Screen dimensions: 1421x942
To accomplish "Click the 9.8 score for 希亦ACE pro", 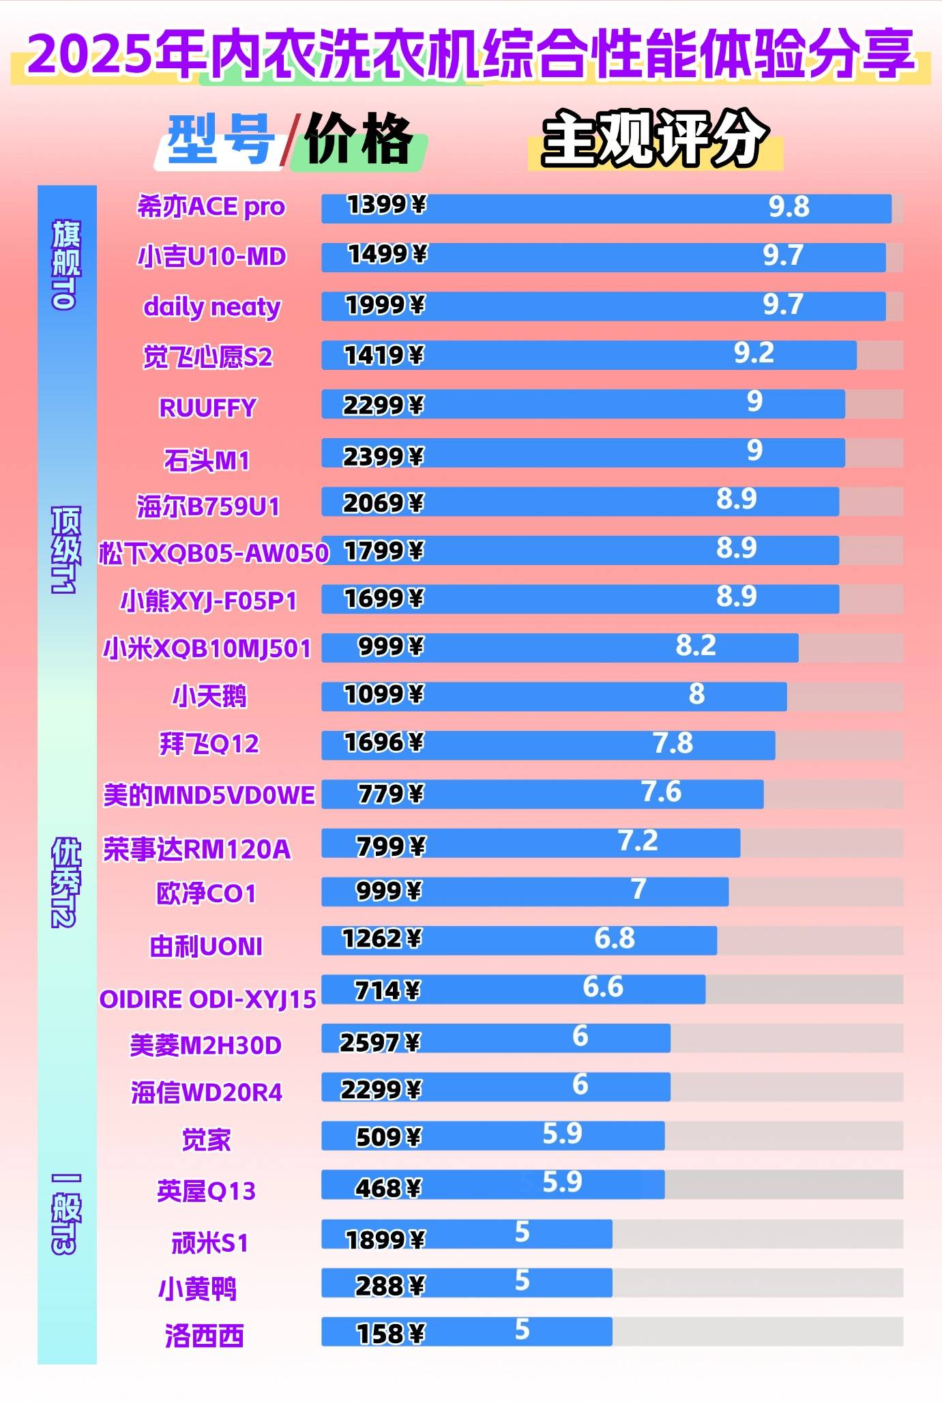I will point(789,207).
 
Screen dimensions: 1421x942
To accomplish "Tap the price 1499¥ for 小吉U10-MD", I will point(387,255).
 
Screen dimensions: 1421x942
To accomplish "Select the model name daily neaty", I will point(211,307).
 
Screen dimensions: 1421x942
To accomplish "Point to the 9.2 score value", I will point(754,354).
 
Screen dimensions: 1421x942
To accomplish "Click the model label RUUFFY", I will point(207,408).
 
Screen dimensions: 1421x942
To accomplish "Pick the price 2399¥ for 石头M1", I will point(383,456).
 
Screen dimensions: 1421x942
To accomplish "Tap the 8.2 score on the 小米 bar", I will point(696,646).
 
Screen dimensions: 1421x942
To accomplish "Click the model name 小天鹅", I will point(209,696).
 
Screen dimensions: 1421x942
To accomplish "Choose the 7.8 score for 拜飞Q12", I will point(673,743).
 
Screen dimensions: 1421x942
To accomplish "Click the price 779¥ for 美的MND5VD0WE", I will point(391,794).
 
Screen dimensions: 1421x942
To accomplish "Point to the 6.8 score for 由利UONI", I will point(614,938).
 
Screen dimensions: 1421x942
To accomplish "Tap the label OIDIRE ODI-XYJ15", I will point(208,999).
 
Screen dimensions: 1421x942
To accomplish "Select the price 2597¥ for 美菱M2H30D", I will point(380,1042).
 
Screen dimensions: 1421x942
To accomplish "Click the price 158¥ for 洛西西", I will point(391,1333).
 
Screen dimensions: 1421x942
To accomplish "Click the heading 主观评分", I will point(654,139).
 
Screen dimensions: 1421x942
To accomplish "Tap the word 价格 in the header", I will point(358,141).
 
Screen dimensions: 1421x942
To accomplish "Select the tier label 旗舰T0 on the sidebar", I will point(66,265).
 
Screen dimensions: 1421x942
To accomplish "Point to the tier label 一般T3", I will point(66,1214).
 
